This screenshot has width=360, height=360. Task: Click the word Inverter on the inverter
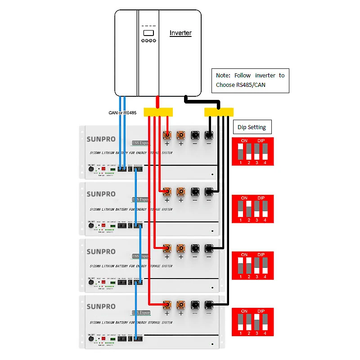pyautogui.click(x=180, y=33)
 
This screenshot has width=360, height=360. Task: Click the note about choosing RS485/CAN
pyautogui.click(x=250, y=81)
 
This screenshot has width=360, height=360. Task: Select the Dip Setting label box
pyautogui.click(x=252, y=127)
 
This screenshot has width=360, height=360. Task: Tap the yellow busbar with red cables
pyautogui.click(x=158, y=112)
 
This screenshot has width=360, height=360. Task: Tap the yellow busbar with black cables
pyautogui.click(x=219, y=112)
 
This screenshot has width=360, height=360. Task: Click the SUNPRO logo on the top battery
pyautogui.click(x=101, y=139)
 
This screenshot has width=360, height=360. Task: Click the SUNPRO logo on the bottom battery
pyautogui.click(x=101, y=306)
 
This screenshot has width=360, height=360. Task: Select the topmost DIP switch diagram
pyautogui.click(x=252, y=152)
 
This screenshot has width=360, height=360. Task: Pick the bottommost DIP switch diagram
pyautogui.click(x=252, y=322)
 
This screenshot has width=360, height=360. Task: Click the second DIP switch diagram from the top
pyautogui.click(x=252, y=209)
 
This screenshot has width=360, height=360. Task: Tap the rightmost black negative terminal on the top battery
pyautogui.click(x=209, y=135)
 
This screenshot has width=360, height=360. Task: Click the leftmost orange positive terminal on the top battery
pyautogui.click(x=167, y=135)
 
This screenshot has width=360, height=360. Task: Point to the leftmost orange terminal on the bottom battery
pyautogui.click(x=167, y=304)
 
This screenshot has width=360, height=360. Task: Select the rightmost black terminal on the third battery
pyautogui.click(x=209, y=247)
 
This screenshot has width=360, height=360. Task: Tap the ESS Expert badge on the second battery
pyautogui.click(x=140, y=199)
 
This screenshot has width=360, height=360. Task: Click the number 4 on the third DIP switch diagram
pyautogui.click(x=265, y=276)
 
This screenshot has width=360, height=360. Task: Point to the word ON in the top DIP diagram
pyautogui.click(x=244, y=141)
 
